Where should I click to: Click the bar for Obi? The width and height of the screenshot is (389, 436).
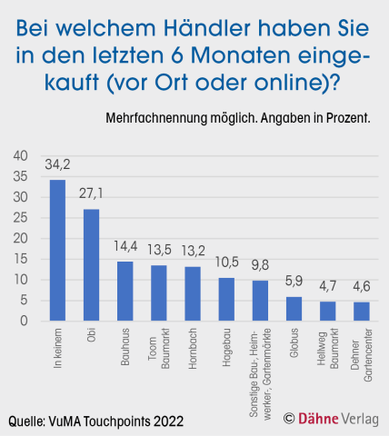click(91, 265)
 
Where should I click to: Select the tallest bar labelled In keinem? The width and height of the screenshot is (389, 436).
click(57, 251)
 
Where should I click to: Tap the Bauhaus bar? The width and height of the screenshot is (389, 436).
click(125, 291)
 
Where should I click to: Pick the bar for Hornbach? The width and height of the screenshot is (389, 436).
click(192, 293)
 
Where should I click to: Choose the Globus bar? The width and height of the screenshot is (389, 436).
click(294, 309)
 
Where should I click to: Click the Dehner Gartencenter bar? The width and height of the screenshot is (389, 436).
click(361, 312)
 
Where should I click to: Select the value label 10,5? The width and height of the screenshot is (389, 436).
click(226, 264)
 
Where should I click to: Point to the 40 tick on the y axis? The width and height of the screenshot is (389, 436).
click(20, 155)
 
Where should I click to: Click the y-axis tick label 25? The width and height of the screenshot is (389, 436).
click(20, 218)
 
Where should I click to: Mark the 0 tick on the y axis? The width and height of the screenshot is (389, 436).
click(24, 322)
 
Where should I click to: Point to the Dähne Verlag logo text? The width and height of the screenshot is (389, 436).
click(336, 419)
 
